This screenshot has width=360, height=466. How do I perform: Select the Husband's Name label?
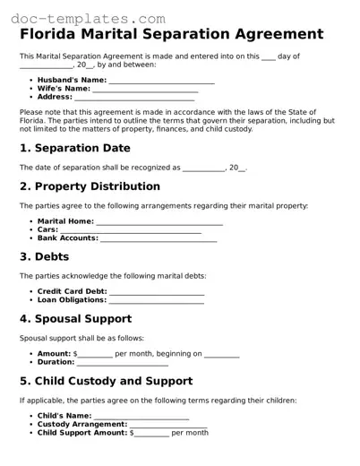72,80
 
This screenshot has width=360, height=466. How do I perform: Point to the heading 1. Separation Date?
74,148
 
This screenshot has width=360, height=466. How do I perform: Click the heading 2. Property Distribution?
90,186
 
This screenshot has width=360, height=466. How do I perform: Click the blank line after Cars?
131,230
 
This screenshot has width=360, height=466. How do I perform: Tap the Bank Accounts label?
68,238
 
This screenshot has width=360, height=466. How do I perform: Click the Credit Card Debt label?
72,291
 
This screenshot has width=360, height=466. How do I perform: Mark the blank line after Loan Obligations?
157,300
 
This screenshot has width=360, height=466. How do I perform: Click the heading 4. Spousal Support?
75,318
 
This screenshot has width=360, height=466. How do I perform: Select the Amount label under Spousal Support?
54,353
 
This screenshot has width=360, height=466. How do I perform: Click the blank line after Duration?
123,362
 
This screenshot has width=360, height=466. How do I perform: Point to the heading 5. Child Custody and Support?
106,381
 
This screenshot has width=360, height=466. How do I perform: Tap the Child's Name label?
64,416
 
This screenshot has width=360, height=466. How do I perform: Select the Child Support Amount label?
82,433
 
